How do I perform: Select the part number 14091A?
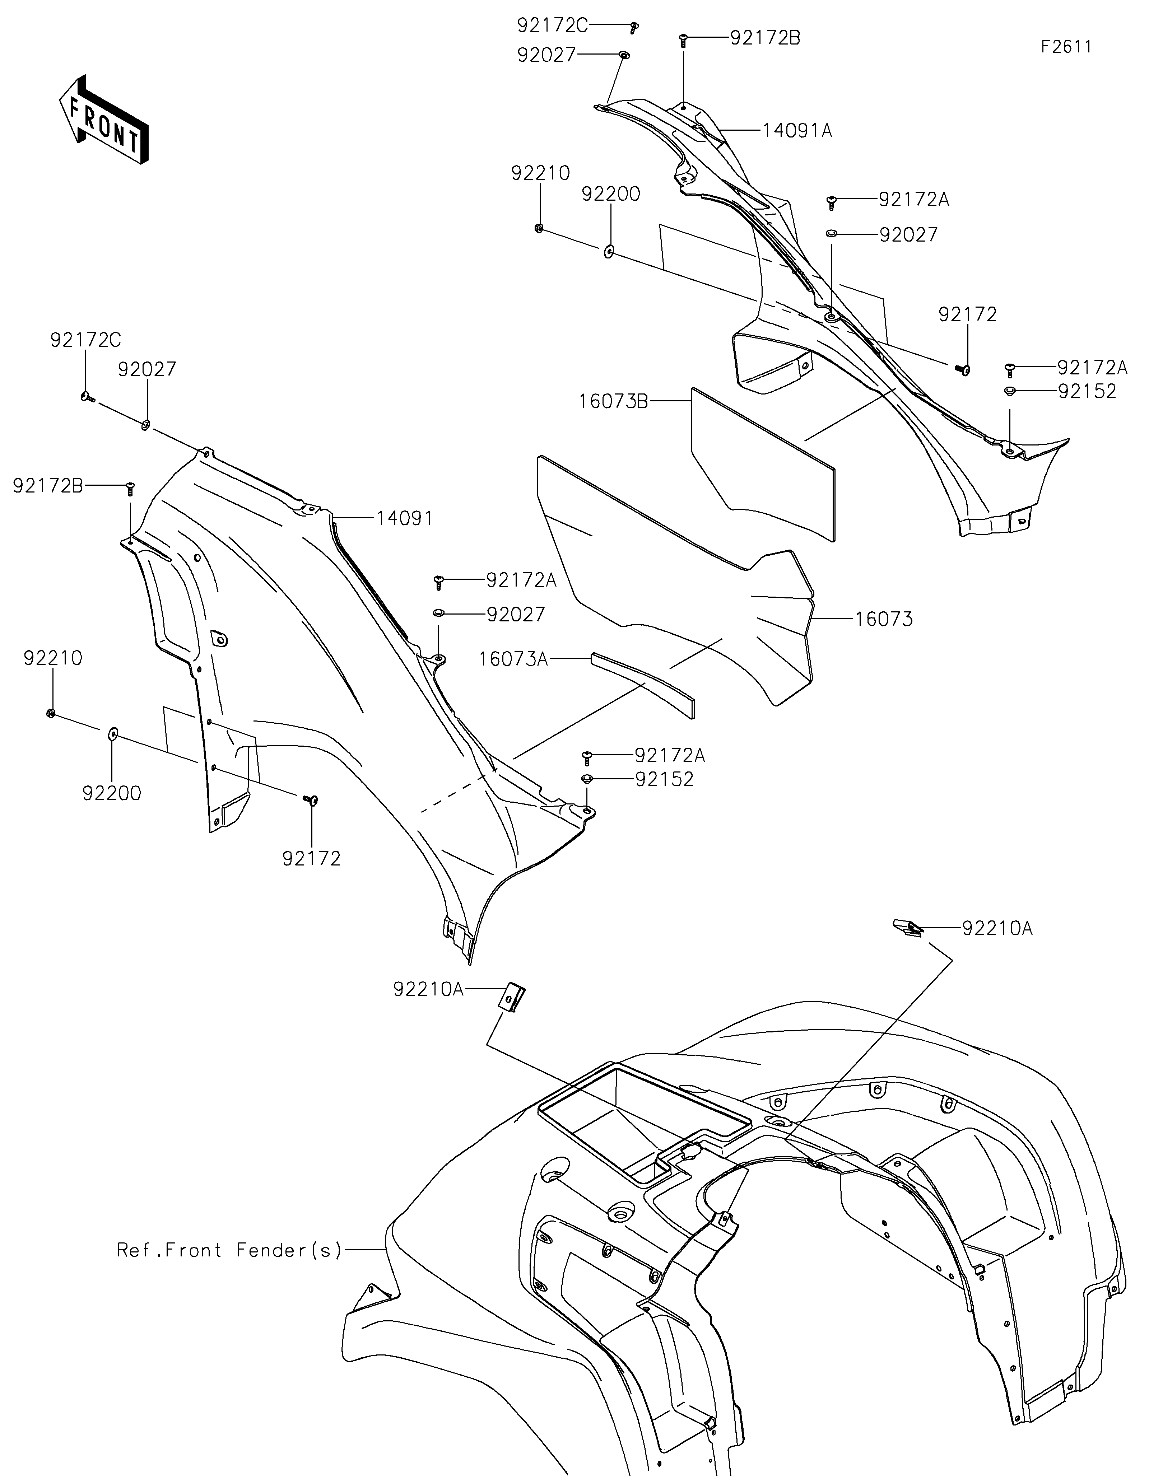tap(797, 130)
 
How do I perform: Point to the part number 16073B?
tap(614, 402)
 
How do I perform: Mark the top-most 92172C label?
tap(552, 25)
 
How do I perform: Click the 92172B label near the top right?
tap(765, 38)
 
